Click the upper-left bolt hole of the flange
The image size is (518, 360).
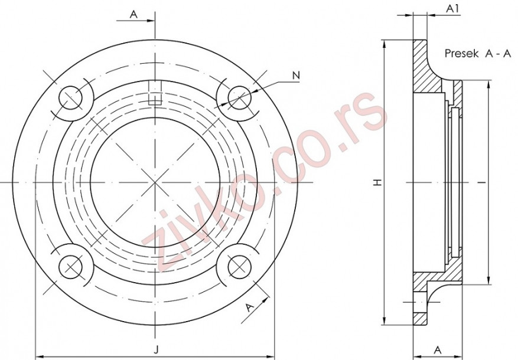click(71, 97)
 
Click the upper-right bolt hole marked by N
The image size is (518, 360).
click(239, 97)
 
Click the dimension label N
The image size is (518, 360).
click(296, 75)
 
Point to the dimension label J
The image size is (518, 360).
click(156, 350)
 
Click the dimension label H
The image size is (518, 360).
click(376, 182)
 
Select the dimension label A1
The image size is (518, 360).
click(452, 9)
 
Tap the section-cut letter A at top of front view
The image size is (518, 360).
click(134, 15)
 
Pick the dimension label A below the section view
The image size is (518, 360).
click(438, 349)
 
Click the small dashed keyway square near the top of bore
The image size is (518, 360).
click(155, 99)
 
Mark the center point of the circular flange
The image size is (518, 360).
click(155, 182)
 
